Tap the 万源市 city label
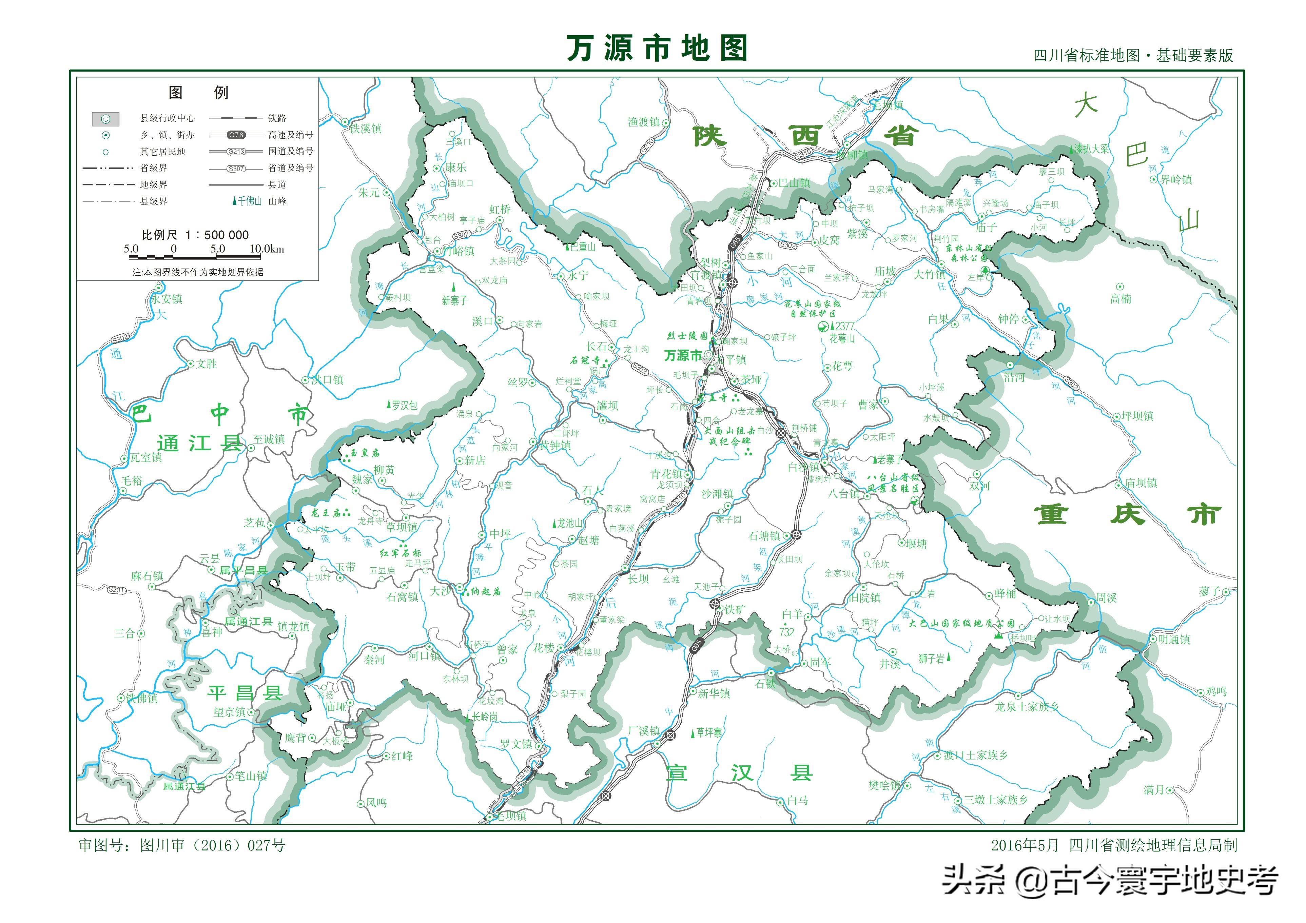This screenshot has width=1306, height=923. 683,355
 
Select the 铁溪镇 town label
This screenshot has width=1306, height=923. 365,129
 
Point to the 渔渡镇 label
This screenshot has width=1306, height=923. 643,122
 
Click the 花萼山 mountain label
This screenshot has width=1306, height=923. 841,339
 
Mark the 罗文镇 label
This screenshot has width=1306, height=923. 516,744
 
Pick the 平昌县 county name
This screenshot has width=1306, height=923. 245,693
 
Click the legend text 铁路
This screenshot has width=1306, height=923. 277,118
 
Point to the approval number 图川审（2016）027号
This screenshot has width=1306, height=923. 182,845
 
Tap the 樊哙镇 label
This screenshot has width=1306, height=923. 884,785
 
